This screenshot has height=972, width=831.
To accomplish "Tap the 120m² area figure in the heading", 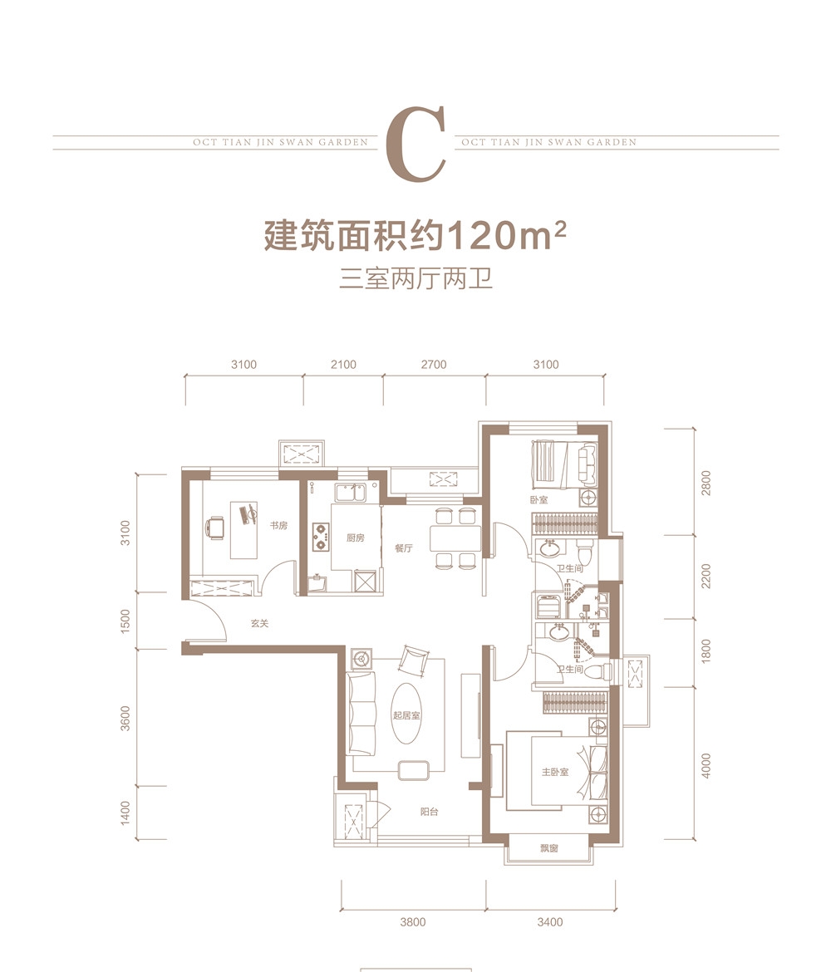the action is click(x=505, y=235).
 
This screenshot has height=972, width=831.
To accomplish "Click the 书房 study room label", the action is click(x=278, y=526).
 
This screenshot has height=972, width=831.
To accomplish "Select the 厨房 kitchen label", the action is click(x=356, y=538).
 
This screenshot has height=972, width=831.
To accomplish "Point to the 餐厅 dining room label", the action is click(x=404, y=548).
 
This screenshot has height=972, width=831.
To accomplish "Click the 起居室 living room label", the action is click(x=406, y=714).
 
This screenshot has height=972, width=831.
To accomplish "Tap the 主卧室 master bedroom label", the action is click(x=555, y=772).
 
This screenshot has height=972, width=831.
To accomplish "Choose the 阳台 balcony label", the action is click(x=429, y=812).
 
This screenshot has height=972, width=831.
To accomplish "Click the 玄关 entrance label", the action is click(x=260, y=623).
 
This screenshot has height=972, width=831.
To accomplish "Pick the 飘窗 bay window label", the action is click(x=548, y=848).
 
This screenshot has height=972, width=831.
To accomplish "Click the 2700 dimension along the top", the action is click(x=434, y=365).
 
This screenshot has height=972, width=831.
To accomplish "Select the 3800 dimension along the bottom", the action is click(x=412, y=922).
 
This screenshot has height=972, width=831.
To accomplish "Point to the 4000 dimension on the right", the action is click(x=706, y=766).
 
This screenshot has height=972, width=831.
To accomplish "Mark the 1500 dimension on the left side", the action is click(x=125, y=621).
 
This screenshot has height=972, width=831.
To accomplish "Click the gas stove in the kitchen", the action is click(x=321, y=536).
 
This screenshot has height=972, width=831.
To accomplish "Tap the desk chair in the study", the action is click(x=214, y=528).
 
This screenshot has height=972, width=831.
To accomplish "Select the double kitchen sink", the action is click(x=351, y=493).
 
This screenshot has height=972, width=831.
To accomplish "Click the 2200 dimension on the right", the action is click(x=706, y=576).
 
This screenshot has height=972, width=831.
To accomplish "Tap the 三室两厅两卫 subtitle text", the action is click(x=416, y=279).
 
